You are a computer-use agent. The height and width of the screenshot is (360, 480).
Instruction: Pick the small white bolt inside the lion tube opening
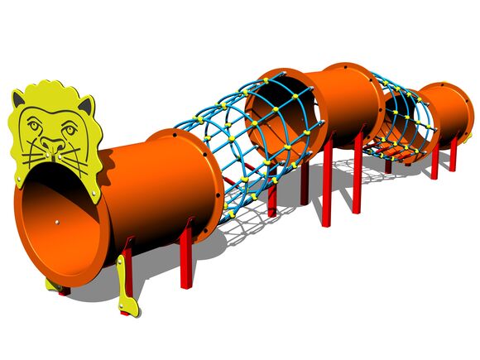(55, 222)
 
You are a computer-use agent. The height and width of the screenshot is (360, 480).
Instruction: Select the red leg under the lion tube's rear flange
(185, 257)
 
